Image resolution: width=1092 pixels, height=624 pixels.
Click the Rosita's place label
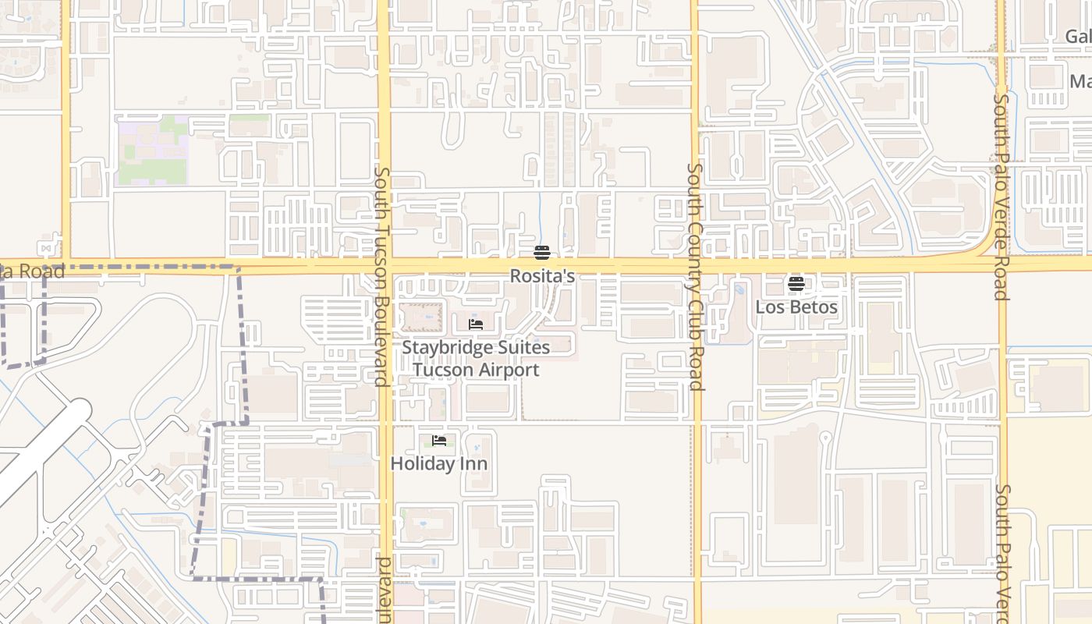(x=542, y=276)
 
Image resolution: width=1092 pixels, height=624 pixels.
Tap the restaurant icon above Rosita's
(x=542, y=253)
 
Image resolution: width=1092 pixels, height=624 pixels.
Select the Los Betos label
(x=796, y=307)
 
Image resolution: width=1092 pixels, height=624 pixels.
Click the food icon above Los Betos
(x=796, y=284)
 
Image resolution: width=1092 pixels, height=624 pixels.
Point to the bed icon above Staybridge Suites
(x=476, y=324)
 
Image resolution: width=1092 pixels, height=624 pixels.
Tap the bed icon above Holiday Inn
(x=439, y=441)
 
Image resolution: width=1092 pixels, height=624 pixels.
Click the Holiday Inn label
(x=439, y=464)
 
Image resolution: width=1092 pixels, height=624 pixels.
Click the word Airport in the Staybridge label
(x=509, y=370)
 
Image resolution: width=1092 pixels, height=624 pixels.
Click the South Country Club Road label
(x=696, y=277)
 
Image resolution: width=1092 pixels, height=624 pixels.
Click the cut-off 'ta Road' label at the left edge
(x=32, y=271)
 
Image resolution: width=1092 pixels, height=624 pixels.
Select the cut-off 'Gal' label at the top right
(x=1078, y=37)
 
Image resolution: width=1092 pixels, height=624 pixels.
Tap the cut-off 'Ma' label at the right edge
(x=1080, y=82)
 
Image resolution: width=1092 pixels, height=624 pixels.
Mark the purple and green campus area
(x=153, y=151)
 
